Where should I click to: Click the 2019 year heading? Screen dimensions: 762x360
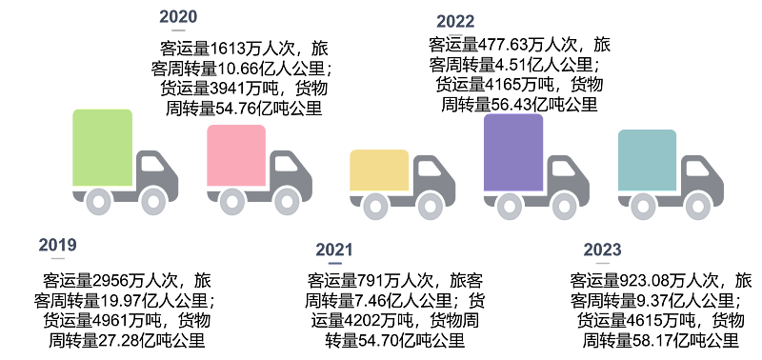58,245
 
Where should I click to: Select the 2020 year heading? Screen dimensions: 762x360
178,17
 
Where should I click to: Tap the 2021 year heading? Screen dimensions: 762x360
334,250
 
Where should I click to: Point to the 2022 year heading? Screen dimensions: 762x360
455,22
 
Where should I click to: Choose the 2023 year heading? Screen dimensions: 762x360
603,250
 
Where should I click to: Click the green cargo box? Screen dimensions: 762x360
103,148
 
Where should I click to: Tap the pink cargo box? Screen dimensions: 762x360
236,155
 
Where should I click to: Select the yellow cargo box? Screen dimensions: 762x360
379,170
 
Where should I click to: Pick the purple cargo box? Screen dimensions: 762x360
513,152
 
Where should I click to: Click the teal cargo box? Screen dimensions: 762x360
648,160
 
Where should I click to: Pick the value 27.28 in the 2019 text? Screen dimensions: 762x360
121,340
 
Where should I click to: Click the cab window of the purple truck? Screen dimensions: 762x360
564,169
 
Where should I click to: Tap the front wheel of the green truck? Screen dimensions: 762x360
153,201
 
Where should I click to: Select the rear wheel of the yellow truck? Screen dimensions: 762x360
375,206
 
